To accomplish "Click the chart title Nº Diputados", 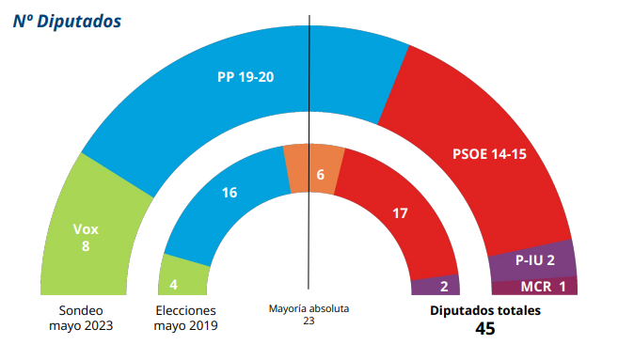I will point(67,22).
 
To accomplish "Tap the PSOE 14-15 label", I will point(488,154).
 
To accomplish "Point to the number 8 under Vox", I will point(86,247).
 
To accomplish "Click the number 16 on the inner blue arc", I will point(229,193).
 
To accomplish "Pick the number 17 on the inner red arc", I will point(400,213).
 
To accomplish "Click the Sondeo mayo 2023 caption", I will point(81,318).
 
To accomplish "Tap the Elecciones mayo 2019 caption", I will point(185,318).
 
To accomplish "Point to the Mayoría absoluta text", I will point(308,307).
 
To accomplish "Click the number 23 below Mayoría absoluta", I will point(308,321).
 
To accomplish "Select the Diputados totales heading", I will point(485,309).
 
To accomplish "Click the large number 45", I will point(485,328).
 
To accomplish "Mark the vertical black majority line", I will point(309,94).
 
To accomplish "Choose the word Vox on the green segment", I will point(86,228).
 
